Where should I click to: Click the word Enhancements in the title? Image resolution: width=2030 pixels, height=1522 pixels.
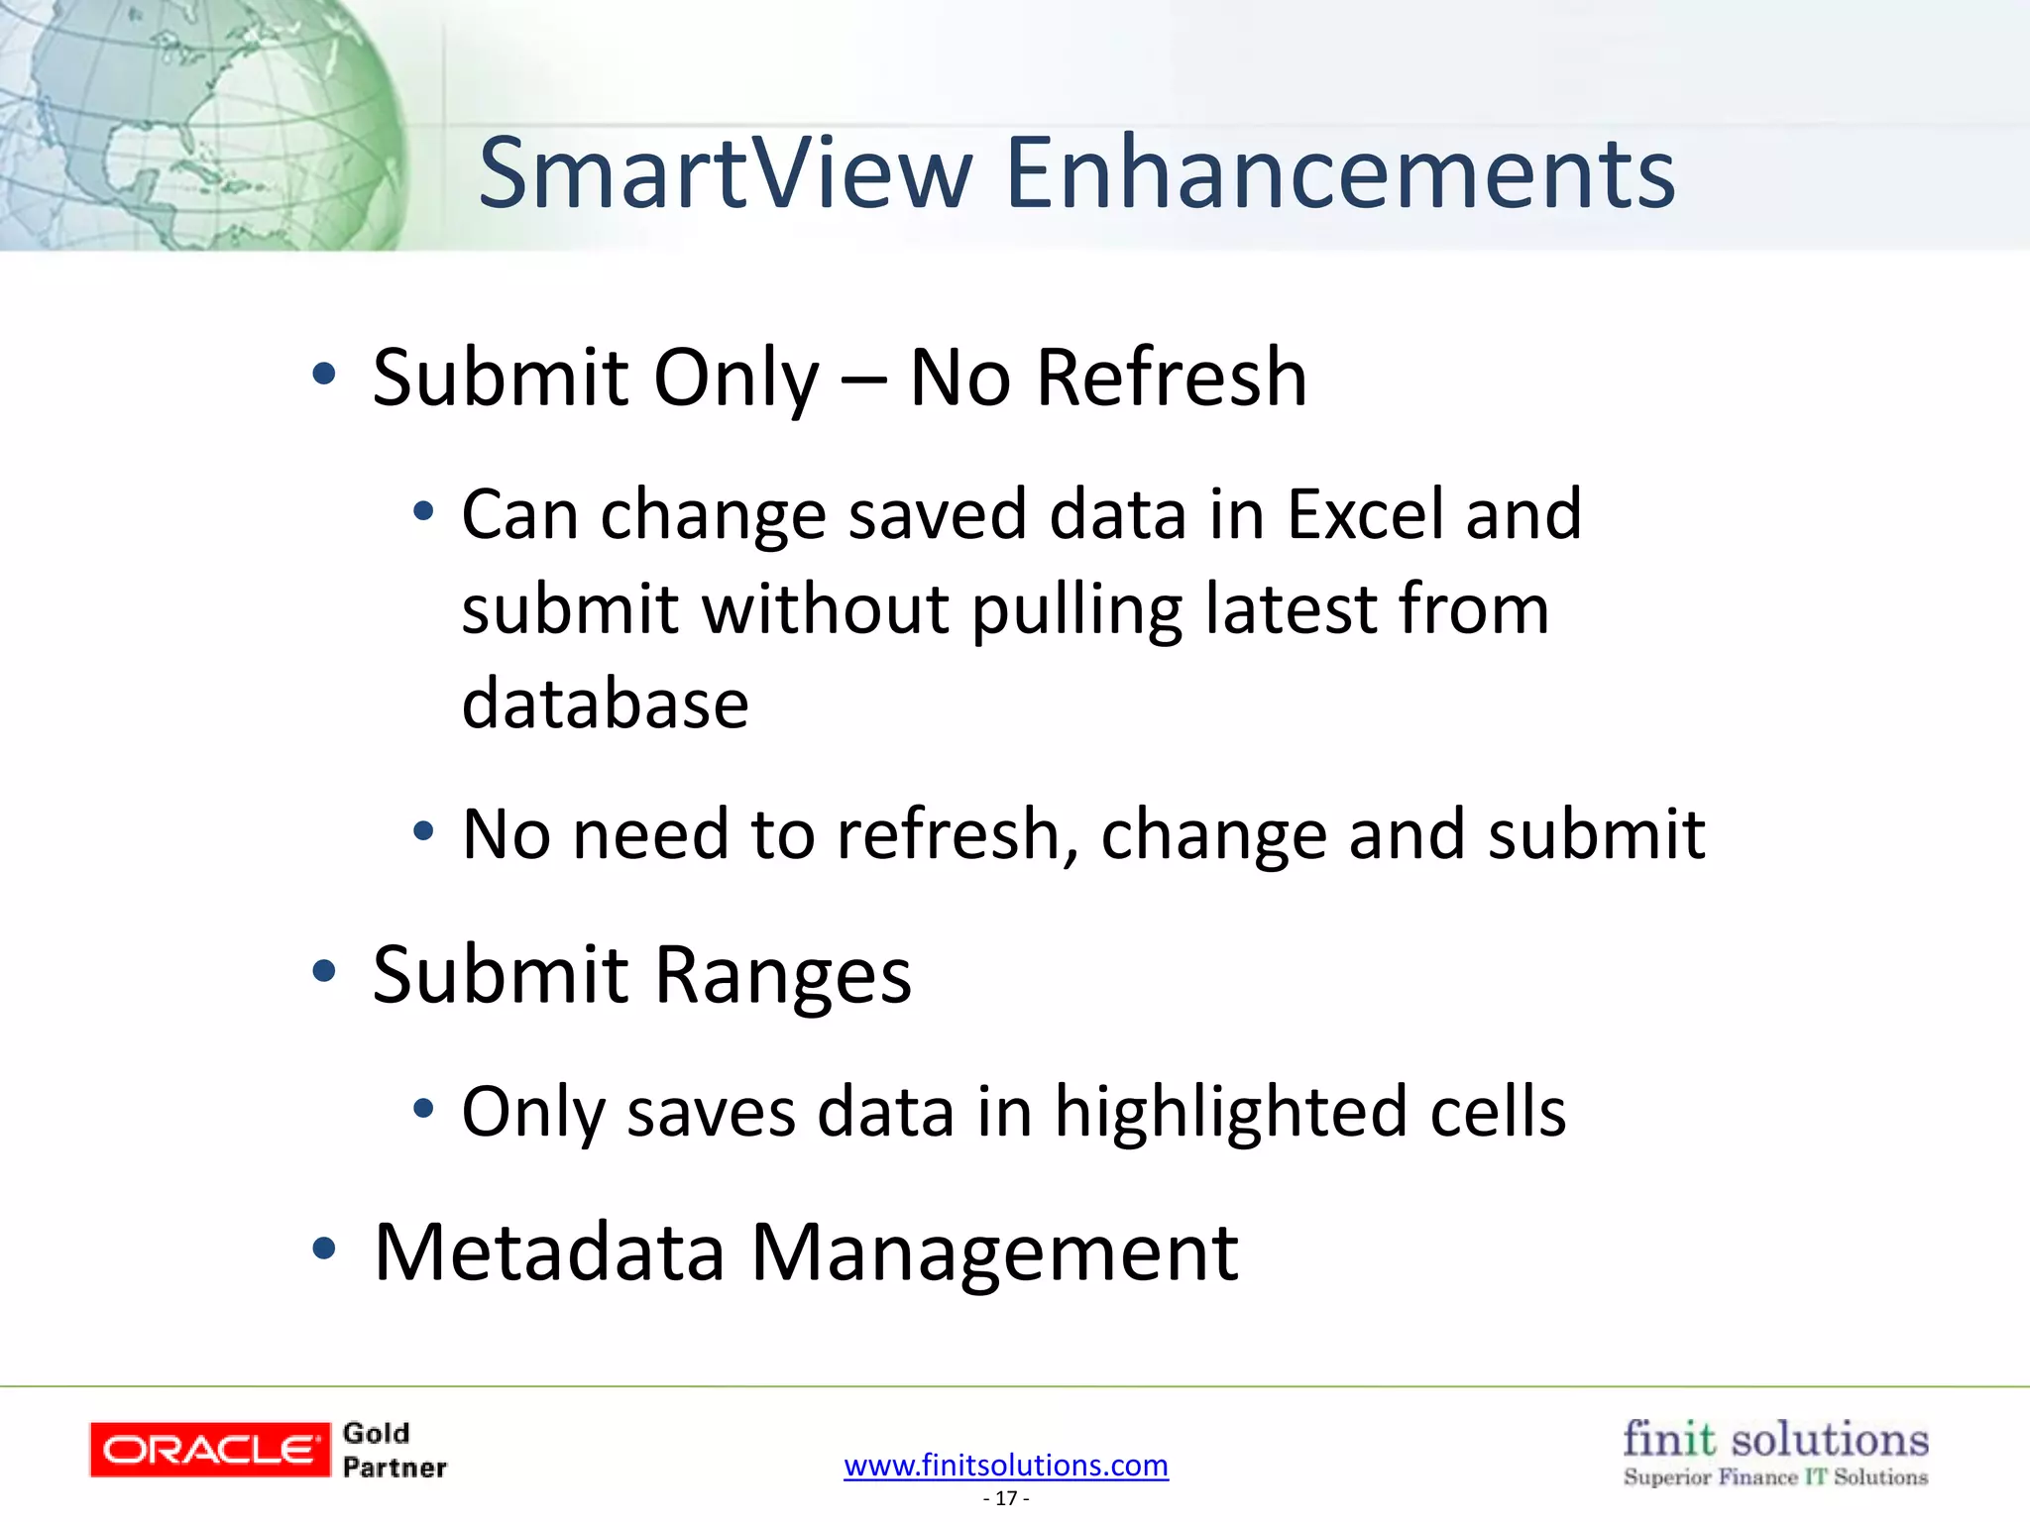point(1340,173)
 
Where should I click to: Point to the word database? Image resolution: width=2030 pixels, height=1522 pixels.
point(605,704)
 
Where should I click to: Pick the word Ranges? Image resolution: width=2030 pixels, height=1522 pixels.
point(782,976)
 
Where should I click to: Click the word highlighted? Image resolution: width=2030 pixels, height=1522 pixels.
point(1230,1112)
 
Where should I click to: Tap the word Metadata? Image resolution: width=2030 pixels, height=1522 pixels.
point(549,1252)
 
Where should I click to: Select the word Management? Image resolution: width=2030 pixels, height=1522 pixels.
point(994,1252)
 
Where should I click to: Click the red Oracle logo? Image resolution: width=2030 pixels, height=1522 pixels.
point(209,1450)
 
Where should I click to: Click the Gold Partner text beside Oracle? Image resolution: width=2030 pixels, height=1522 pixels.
point(394,1450)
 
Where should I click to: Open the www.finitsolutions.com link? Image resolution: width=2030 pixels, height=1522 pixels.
point(1006,1465)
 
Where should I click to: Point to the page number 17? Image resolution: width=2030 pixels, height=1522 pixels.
point(1006,1498)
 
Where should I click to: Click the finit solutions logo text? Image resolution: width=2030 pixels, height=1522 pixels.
point(1775,1438)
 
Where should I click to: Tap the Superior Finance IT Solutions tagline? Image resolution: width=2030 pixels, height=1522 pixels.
point(1775,1477)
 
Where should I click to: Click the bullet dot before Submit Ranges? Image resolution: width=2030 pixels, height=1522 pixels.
point(324,971)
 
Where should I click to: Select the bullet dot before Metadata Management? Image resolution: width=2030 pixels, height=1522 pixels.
point(324,1249)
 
